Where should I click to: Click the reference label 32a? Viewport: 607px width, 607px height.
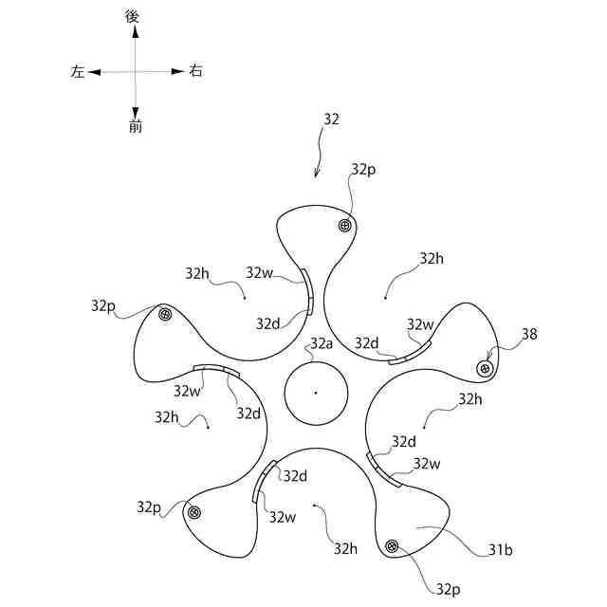[322, 343]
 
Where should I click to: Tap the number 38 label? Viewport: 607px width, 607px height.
[529, 334]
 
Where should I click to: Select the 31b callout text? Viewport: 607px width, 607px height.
[501, 548]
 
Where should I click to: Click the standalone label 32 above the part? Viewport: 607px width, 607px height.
[331, 120]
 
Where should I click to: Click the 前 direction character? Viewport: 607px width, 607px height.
[136, 126]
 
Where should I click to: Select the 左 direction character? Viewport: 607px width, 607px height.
[78, 71]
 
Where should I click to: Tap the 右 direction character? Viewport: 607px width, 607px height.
[195, 70]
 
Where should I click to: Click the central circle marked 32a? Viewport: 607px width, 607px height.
[316, 393]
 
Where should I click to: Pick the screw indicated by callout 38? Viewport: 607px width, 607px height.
[486, 368]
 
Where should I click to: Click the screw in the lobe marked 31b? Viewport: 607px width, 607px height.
[392, 545]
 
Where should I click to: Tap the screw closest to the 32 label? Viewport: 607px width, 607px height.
[344, 225]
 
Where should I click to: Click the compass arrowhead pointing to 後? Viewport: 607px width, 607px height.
[136, 31]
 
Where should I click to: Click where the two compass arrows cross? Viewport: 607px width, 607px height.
[136, 71]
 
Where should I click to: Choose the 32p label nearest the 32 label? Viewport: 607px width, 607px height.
[363, 169]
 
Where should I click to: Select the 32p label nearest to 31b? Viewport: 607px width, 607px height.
[449, 588]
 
